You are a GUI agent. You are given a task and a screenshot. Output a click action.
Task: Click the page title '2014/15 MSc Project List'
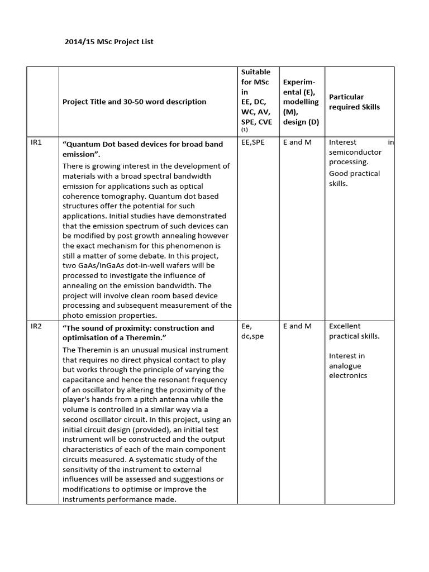(x=109, y=42)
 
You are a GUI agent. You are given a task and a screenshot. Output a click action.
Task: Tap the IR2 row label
(x=36, y=326)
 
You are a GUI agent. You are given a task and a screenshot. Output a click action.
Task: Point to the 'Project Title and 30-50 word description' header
(x=134, y=102)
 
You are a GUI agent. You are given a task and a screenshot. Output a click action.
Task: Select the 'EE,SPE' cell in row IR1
(x=253, y=142)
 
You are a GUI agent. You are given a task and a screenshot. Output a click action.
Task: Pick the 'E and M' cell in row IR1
(x=297, y=142)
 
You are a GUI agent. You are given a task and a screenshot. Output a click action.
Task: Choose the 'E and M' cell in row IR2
(x=297, y=326)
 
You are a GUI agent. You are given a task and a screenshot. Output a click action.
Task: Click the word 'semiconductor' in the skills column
(x=355, y=152)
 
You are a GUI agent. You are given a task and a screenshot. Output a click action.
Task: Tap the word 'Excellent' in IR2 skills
(x=345, y=326)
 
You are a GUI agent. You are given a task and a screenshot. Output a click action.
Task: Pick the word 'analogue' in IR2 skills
(x=345, y=366)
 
